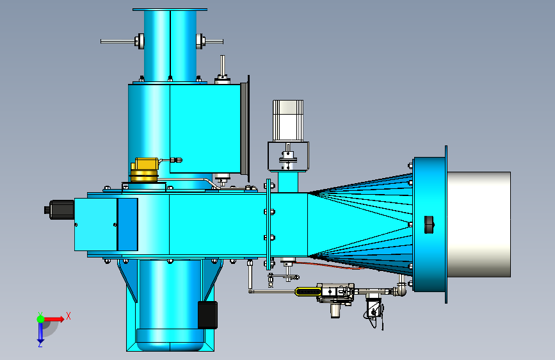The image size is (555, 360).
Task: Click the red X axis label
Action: (x=68, y=316)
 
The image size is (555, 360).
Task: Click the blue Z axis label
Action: (x=40, y=344)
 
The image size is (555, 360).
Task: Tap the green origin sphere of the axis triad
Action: (x=41, y=319)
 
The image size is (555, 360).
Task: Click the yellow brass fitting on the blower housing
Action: (x=145, y=170)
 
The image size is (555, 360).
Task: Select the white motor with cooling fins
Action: (x=288, y=121)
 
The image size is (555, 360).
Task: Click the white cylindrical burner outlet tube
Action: (x=479, y=224)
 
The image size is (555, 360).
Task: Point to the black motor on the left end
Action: (x=59, y=209)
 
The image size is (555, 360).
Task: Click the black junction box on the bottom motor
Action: (x=207, y=315)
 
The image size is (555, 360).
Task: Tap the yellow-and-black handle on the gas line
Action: (x=309, y=291)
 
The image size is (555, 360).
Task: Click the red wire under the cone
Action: (x=329, y=266)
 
